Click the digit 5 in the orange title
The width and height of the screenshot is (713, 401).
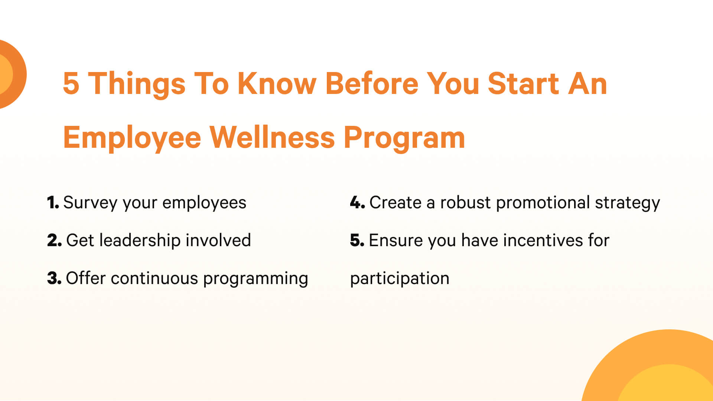(71, 84)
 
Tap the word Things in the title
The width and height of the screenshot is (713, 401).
(137, 85)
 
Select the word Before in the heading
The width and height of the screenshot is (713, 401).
(371, 83)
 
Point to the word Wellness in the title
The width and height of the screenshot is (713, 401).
(272, 137)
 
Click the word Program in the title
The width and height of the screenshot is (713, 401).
(404, 138)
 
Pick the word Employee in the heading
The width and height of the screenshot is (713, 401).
(132, 138)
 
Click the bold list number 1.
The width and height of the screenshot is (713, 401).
(53, 203)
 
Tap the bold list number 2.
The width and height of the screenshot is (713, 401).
(54, 240)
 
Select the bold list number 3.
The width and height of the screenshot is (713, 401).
(54, 278)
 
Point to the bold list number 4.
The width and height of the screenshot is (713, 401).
(357, 203)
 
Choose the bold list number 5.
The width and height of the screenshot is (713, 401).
(357, 240)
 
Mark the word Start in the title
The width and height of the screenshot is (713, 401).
(523, 84)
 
